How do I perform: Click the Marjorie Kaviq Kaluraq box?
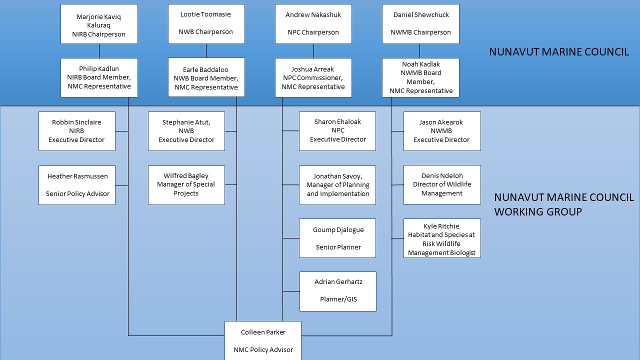[99, 24]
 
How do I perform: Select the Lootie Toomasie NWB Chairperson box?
[206, 24]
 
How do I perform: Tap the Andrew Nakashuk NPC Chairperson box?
[313, 24]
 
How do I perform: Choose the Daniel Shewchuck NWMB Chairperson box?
[420, 24]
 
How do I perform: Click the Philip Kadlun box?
[99, 77]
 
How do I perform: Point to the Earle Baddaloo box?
[206, 77]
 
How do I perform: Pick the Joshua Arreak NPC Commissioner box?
[313, 77]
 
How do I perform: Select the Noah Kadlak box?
[420, 77]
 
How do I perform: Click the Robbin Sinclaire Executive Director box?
[77, 131]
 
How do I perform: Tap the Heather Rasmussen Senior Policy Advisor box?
[77, 185]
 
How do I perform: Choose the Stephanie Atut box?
[186, 131]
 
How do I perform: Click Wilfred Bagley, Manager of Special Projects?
[186, 185]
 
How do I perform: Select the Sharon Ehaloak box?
[337, 131]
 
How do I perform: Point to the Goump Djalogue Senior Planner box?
[337, 238]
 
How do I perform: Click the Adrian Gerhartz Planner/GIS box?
[338, 291]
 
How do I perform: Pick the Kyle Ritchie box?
[442, 238]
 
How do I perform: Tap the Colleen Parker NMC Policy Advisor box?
[263, 340]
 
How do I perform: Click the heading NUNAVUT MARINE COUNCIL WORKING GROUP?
[563, 204]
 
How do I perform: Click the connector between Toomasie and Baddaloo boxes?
[206, 51]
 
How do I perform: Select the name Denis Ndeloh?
[441, 175]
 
